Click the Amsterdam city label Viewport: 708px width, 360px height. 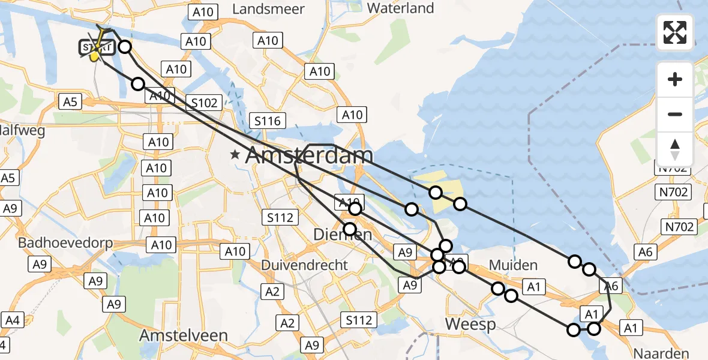click(x=310, y=156)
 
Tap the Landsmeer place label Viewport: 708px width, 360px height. click(x=268, y=9)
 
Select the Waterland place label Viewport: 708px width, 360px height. click(x=400, y=8)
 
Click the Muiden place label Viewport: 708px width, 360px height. click(x=513, y=265)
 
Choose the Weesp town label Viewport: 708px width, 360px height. click(x=470, y=325)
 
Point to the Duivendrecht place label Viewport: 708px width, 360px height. click(x=304, y=265)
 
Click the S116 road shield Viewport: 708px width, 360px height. click(x=266, y=121)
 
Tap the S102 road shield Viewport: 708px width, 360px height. click(x=205, y=103)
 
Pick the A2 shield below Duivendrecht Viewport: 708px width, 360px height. click(x=272, y=292)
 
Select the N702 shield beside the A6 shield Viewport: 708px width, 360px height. click(x=679, y=226)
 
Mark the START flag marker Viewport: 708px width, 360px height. click(x=95, y=48)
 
